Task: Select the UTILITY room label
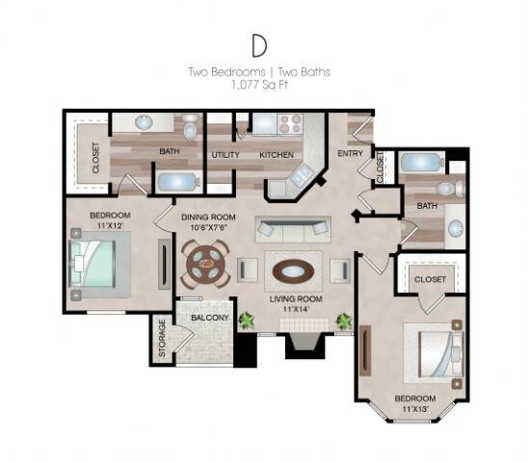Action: point(224,154)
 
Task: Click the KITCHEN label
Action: point(275,154)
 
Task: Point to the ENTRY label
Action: point(349,153)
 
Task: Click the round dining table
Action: point(205,263)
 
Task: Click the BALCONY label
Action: point(209,317)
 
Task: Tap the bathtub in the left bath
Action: point(180,182)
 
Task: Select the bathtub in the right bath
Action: point(421,162)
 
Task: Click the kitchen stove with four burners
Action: point(289,124)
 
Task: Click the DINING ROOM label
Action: point(207,218)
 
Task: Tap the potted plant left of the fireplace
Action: point(247,321)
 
